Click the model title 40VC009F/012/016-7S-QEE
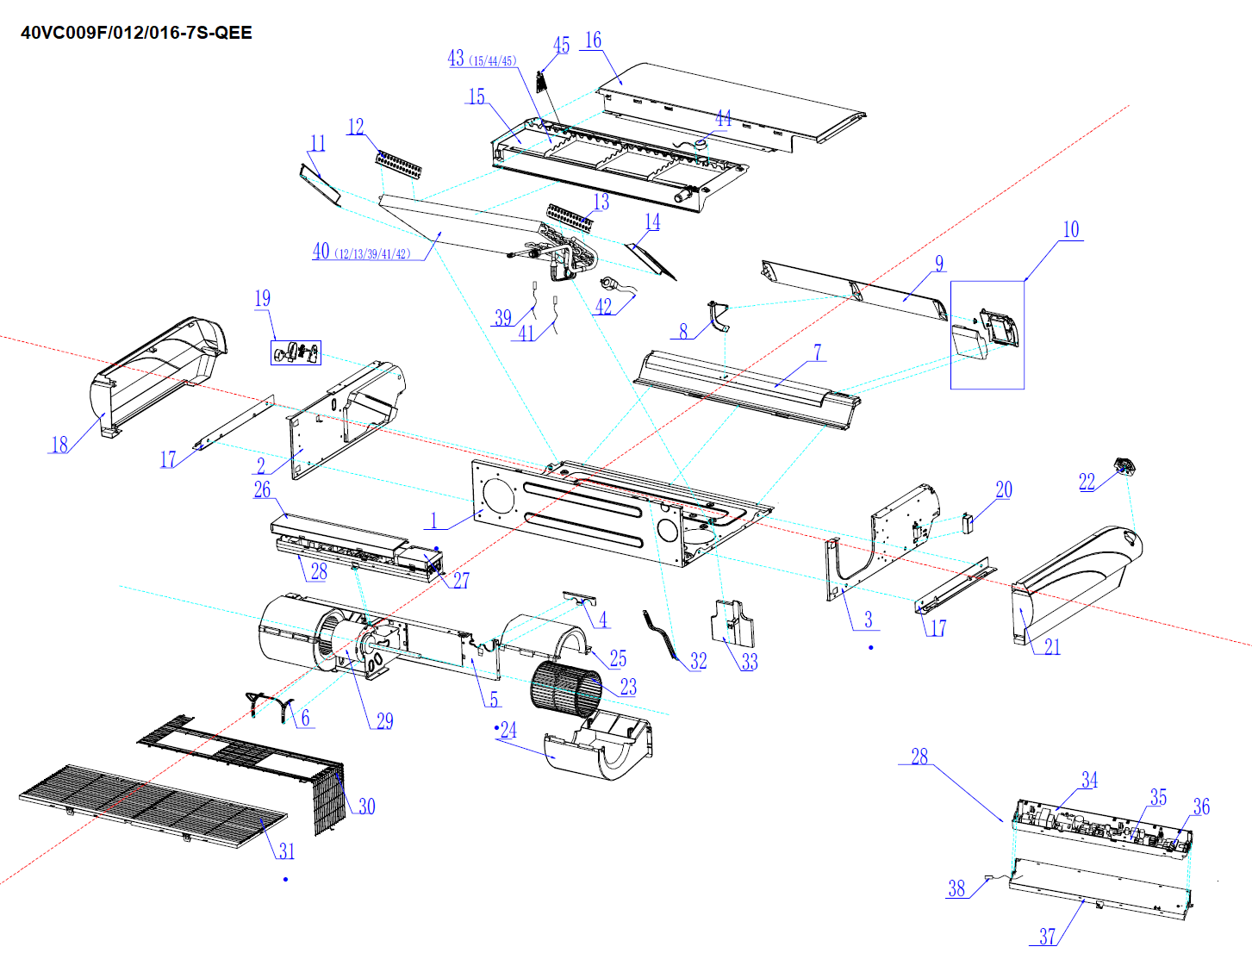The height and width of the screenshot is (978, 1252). [x=136, y=33]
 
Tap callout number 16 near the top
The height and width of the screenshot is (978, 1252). [x=593, y=40]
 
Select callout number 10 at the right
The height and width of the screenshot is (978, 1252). [x=1070, y=229]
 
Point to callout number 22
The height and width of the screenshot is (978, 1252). [x=1087, y=482]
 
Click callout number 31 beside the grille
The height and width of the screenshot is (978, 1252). [x=287, y=851]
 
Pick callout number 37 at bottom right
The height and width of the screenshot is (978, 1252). [x=1047, y=937]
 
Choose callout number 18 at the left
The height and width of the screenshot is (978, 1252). [x=59, y=445]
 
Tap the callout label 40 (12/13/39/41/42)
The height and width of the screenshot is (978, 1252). [x=362, y=252]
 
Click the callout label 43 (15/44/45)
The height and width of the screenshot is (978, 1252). [x=482, y=59]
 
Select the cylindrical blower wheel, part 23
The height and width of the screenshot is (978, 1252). [x=565, y=688]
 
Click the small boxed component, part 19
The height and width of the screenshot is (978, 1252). [x=296, y=352]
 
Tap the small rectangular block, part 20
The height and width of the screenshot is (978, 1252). [x=968, y=522]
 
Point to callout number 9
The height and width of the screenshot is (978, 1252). [x=939, y=264]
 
